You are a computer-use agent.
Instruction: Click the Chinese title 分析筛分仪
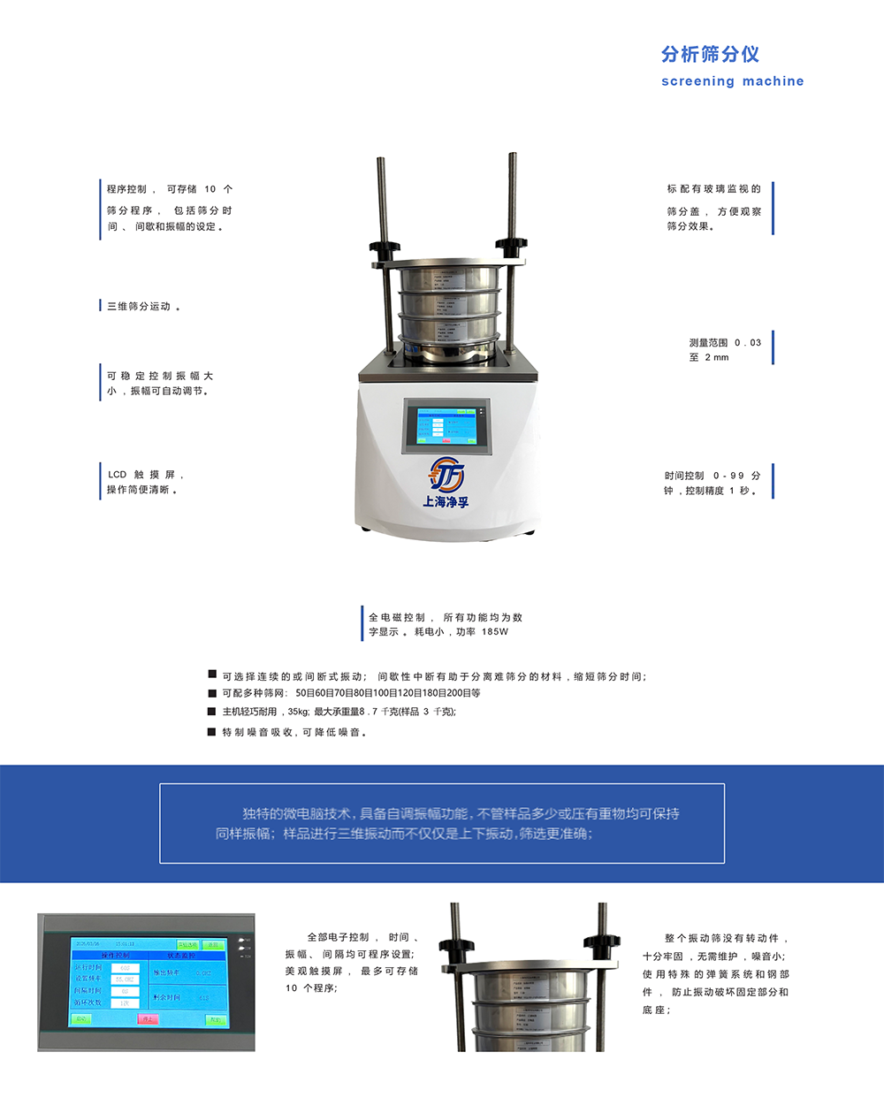(710, 55)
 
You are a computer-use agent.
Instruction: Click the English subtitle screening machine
(732, 81)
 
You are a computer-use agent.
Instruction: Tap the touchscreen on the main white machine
(445, 426)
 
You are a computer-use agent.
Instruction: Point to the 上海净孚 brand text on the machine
(446, 502)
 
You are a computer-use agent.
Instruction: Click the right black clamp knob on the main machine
(511, 242)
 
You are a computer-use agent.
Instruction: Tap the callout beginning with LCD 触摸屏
(144, 482)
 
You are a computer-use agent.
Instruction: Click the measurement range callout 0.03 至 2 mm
(724, 349)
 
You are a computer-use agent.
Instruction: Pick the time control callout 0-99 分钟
(712, 483)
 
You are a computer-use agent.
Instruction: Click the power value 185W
(495, 632)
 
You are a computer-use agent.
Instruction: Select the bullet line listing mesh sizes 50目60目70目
(351, 693)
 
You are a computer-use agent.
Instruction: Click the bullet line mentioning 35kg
(339, 712)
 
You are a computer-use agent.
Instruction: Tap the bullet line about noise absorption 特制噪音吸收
(293, 732)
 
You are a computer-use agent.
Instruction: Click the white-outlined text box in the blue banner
(442, 823)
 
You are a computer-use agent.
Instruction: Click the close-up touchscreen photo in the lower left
(146, 982)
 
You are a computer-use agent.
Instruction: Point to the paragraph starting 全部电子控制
(351, 962)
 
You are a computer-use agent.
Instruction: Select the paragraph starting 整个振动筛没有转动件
(715, 973)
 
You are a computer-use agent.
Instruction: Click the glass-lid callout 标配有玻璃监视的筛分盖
(713, 208)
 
